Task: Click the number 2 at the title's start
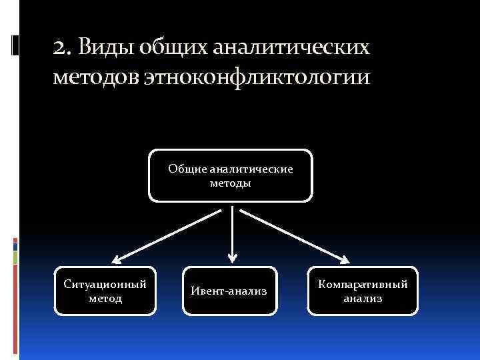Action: coord(60,48)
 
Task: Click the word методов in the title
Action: coord(95,77)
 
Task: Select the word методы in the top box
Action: coord(230,183)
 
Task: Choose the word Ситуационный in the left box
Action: coord(105,284)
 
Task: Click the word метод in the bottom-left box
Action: coord(105,298)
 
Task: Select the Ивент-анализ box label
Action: coord(229,291)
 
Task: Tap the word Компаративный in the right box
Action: coord(363,284)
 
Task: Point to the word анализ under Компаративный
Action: coord(363,299)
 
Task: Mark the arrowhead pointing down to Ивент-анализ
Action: coord(232,257)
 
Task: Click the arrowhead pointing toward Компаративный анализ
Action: coord(345,259)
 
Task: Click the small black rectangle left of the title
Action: coord(15,45)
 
